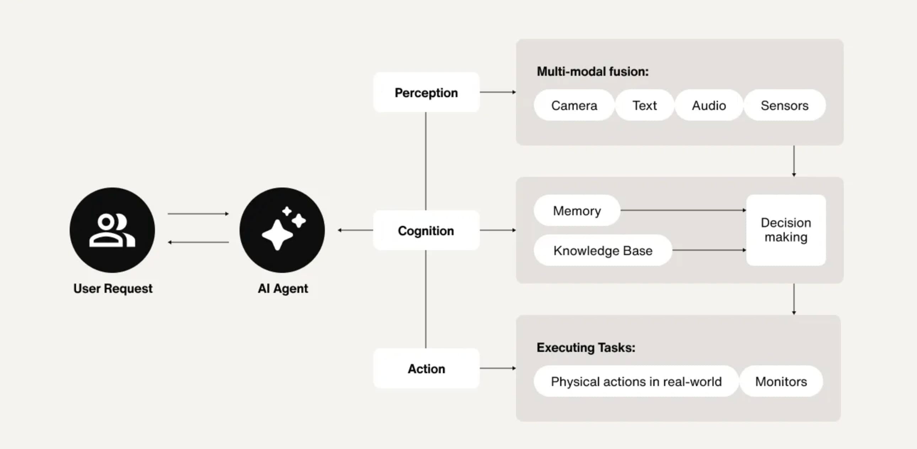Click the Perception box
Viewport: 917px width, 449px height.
pos(426,93)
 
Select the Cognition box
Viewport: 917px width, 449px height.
pos(426,231)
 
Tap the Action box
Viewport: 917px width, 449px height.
pos(426,369)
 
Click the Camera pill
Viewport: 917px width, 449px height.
pos(574,105)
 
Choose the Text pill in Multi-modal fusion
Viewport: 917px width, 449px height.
pos(644,105)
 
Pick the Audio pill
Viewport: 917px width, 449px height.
pos(709,105)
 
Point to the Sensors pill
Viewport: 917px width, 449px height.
pos(784,105)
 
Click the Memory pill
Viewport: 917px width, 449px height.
pos(577,211)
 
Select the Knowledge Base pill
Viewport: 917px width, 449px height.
pos(603,250)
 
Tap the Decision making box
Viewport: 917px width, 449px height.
pos(786,230)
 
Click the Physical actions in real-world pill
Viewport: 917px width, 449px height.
pos(636,381)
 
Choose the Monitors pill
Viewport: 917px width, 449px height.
pos(781,381)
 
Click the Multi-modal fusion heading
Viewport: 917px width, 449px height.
pos(592,71)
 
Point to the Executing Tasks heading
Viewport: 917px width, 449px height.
pos(586,348)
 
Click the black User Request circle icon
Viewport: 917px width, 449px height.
pos(112,230)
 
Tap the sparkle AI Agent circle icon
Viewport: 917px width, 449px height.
pos(282,230)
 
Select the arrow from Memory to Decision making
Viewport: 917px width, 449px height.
pos(683,210)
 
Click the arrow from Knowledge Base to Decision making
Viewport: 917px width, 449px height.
pos(708,250)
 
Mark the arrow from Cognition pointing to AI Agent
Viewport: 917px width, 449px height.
pos(355,230)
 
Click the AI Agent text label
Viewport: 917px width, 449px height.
pos(283,288)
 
